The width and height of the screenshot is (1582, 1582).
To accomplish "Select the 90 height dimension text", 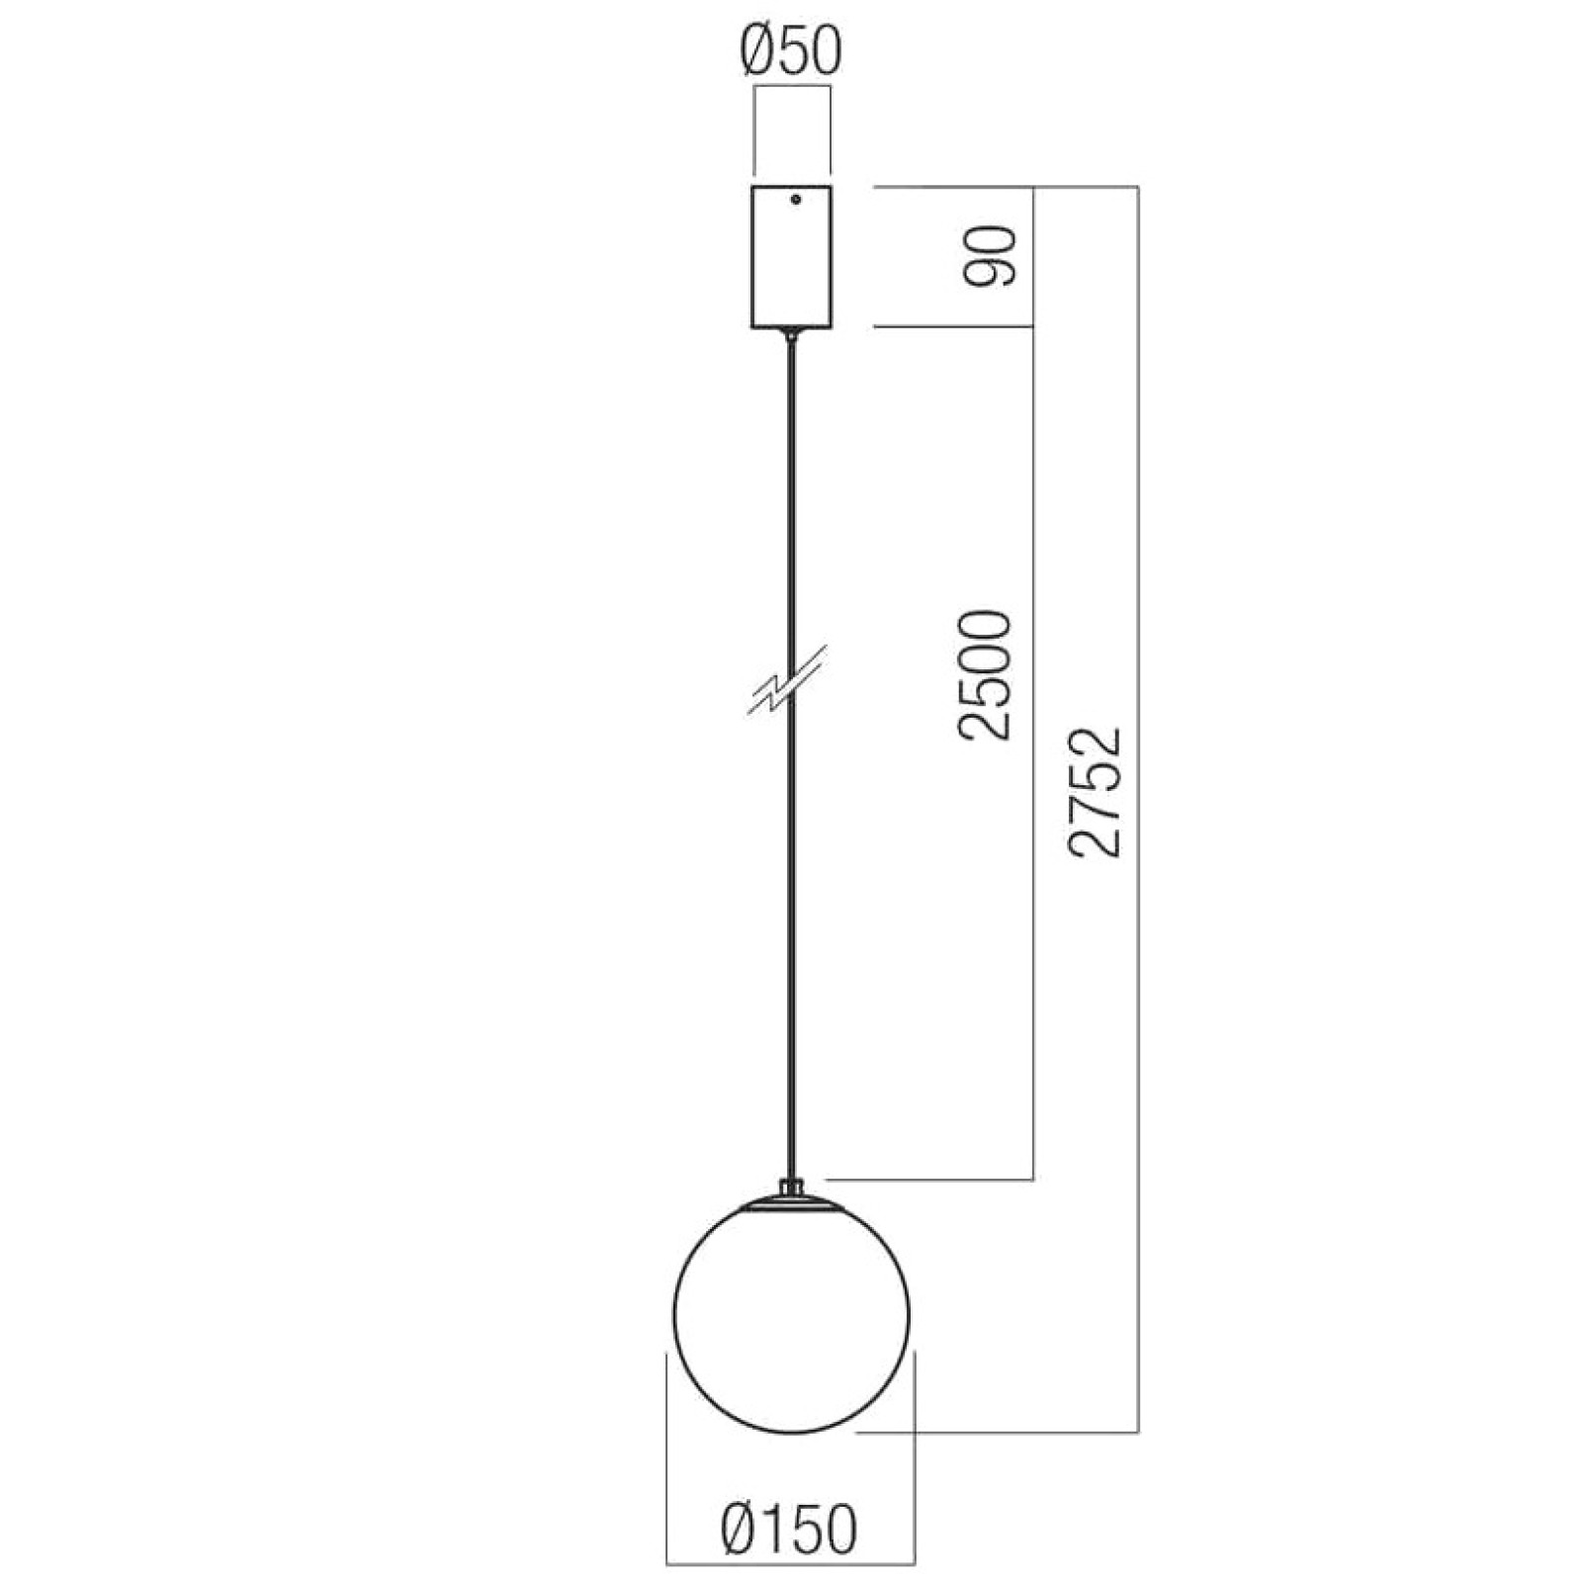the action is point(990,256).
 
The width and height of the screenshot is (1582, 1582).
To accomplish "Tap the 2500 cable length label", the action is point(986,675).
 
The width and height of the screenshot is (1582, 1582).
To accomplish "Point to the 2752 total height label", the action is point(1096,791).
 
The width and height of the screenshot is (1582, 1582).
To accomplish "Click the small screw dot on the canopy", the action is point(795,200).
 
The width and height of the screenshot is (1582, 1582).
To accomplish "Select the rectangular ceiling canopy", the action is point(791,256).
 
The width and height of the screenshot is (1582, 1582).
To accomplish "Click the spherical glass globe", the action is point(791,1316).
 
